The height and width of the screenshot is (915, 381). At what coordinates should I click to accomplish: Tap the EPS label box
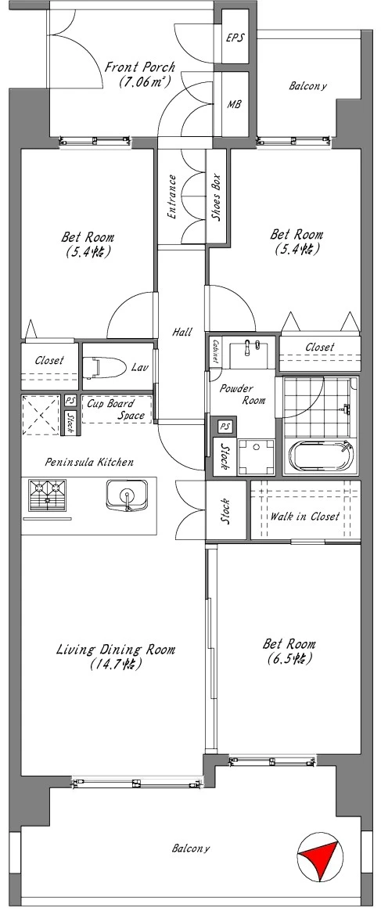(x=235, y=38)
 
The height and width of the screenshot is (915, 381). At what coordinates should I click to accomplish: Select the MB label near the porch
(x=234, y=104)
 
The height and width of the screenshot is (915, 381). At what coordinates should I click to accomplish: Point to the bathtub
(x=322, y=456)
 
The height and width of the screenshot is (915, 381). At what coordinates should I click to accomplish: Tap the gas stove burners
(x=47, y=495)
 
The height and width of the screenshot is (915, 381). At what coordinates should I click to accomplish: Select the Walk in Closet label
(x=304, y=517)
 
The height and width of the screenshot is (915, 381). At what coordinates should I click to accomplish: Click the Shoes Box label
(x=215, y=196)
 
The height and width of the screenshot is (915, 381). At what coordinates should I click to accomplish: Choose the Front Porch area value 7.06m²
(x=145, y=81)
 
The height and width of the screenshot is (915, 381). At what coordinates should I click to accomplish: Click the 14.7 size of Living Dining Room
(x=116, y=664)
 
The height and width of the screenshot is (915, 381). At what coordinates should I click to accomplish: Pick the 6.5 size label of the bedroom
(x=289, y=659)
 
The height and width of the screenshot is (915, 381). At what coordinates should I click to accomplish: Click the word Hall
(x=182, y=332)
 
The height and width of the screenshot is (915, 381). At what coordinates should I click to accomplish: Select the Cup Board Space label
(x=117, y=409)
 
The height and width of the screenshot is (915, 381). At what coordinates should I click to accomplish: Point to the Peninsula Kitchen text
(x=89, y=462)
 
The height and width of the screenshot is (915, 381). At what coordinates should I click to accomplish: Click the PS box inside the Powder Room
(x=225, y=427)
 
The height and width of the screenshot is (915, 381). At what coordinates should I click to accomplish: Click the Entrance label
(x=171, y=196)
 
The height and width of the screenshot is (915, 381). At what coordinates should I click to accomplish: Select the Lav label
(x=138, y=367)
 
